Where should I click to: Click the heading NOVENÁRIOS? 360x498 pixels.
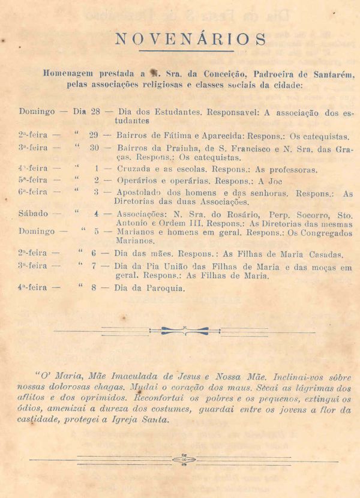pyautogui.click(x=191, y=40)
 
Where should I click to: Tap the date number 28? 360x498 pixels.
pyautogui.click(x=95, y=112)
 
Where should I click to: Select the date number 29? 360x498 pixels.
pyautogui.click(x=94, y=136)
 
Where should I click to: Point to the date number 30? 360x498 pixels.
pyautogui.click(x=94, y=148)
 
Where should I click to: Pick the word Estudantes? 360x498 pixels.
pyautogui.click(x=176, y=112)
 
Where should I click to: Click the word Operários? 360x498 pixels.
pyautogui.click(x=137, y=181)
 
